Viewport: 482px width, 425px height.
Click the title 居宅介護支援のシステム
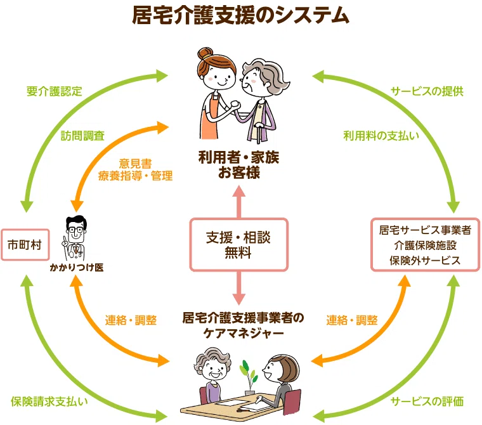click(x=241, y=15)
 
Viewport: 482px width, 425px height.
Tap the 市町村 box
click(x=25, y=245)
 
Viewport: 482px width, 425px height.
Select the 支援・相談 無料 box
click(x=238, y=245)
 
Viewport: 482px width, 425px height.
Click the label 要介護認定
click(x=55, y=91)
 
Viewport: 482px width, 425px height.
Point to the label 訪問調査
click(x=82, y=136)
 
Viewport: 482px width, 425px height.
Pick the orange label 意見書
click(x=135, y=163)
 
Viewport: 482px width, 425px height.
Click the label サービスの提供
click(x=427, y=91)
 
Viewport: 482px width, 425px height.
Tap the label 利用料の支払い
click(x=381, y=136)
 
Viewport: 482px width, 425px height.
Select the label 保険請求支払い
click(x=49, y=402)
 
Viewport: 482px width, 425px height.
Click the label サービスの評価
click(x=427, y=402)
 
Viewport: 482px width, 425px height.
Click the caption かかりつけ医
click(x=77, y=268)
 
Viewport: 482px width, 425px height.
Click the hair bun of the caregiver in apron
click(x=205, y=54)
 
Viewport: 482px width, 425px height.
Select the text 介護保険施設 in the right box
click(x=425, y=245)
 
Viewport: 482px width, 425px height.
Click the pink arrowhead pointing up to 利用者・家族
click(x=239, y=192)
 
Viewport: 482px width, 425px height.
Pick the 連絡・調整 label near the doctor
click(x=131, y=320)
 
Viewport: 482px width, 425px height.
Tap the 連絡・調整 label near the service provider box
click(x=352, y=320)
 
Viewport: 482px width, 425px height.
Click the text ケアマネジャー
click(x=244, y=333)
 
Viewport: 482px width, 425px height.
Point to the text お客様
click(x=239, y=172)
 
